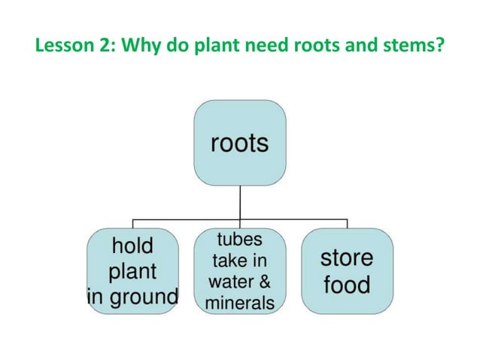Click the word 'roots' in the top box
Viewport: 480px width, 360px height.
tap(239, 142)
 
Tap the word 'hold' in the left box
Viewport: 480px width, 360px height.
tap(132, 246)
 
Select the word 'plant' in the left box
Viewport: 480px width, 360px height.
tap(132, 270)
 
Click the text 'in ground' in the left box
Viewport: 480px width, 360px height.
tap(132, 295)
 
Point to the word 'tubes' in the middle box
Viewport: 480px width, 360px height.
tap(239, 241)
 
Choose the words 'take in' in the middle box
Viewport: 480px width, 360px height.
tap(239, 261)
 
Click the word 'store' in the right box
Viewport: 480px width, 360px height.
tap(346, 258)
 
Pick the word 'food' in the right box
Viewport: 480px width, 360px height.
tap(346, 285)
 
